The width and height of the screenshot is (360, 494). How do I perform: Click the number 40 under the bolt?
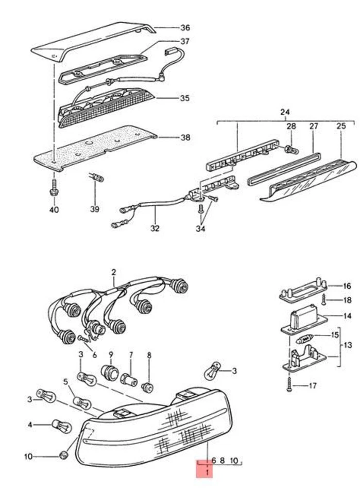pyautogui.click(x=54, y=209)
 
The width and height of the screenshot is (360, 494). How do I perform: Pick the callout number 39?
pyautogui.click(x=94, y=209)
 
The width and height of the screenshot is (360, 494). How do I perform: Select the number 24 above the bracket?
pyautogui.click(x=285, y=112)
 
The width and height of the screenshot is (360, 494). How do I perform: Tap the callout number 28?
pyautogui.click(x=291, y=126)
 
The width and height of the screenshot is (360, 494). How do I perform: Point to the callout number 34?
pyautogui.click(x=200, y=228)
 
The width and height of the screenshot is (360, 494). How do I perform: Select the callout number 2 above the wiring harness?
pyautogui.click(x=114, y=272)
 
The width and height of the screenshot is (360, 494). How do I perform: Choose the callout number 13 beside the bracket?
pyautogui.click(x=349, y=345)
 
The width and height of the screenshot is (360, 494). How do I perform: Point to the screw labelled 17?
pyautogui.click(x=290, y=383)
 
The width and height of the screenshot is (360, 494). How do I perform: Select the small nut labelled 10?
pyautogui.click(x=64, y=455)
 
